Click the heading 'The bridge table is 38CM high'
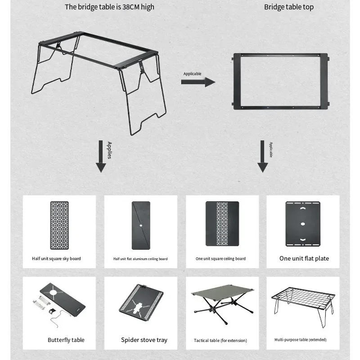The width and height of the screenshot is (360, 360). [109, 7]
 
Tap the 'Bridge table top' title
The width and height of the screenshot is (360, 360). [288, 7]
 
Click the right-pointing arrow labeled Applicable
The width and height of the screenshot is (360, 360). [198, 82]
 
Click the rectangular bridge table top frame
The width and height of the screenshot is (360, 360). [281, 82]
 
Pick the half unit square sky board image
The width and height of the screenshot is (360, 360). [59, 225]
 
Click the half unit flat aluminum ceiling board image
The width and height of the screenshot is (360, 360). [140, 225]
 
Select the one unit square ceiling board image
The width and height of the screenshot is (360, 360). [222, 224]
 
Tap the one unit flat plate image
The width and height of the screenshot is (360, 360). [303, 224]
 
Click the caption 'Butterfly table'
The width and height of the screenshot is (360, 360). [66, 340]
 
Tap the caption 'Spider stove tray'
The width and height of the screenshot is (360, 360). [144, 340]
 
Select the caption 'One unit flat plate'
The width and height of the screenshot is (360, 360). [304, 258]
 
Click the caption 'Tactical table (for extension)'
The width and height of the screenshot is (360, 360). [220, 341]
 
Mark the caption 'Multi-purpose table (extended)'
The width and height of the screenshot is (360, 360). [300, 340]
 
